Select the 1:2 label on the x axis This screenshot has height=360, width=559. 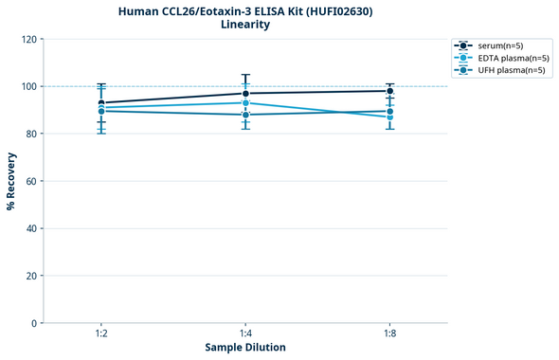coord(101,334)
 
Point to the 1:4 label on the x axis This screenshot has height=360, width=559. coord(245,334)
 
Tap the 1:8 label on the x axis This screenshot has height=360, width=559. coord(389,334)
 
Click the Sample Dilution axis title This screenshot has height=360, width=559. coord(245,348)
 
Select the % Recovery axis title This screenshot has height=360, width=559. coord(11,180)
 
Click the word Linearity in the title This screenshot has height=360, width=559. coord(245,25)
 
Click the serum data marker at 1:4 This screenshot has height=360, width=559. coord(245,93)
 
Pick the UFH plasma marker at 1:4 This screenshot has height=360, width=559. coord(245,115)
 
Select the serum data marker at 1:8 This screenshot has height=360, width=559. coord(389,91)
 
